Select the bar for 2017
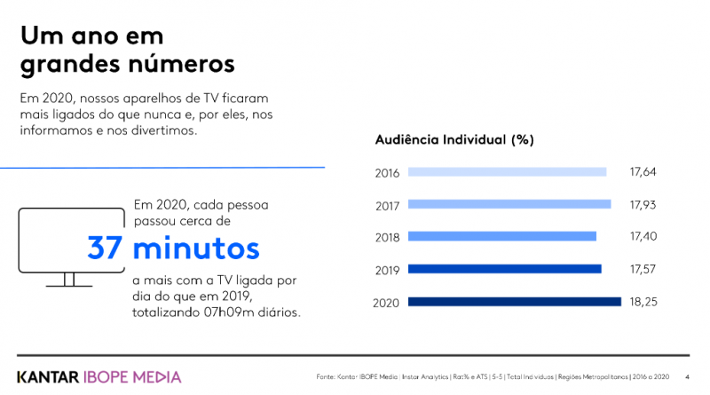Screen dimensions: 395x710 coord(509,204)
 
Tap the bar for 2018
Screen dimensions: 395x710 coord(502,236)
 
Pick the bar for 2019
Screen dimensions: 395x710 coord(505,269)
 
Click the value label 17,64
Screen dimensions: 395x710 coord(644,172)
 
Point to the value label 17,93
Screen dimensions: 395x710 coord(644,204)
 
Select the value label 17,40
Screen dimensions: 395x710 coord(644,237)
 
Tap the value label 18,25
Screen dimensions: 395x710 coord(644,302)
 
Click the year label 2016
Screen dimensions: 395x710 coord(387,173)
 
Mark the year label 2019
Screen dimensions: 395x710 coord(387,270)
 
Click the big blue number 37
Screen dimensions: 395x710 coord(105,248)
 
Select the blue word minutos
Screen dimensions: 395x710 coord(196,248)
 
